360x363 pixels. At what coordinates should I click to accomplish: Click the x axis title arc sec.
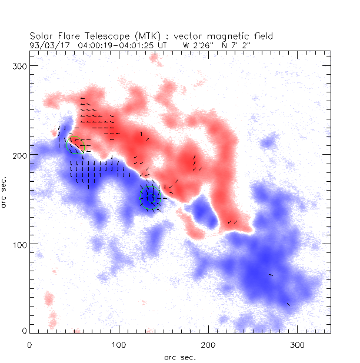179,357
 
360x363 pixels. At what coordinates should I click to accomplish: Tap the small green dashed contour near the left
75,145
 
